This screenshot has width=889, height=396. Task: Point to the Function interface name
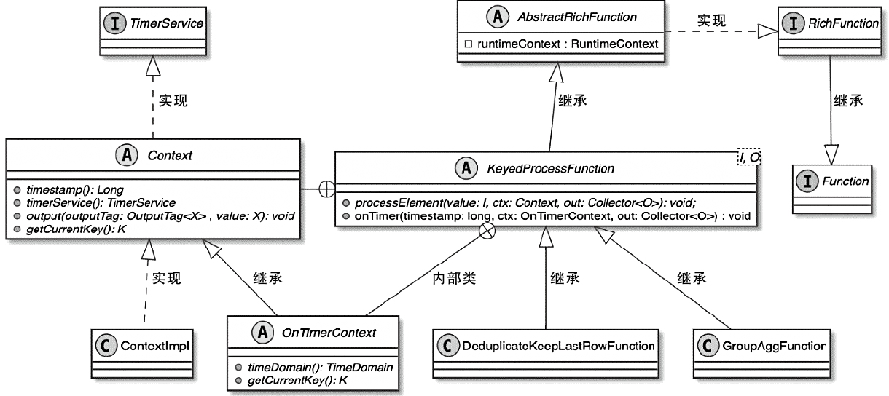(x=845, y=181)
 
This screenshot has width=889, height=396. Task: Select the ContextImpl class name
(x=154, y=346)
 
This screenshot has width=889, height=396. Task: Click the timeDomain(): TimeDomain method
(x=315, y=368)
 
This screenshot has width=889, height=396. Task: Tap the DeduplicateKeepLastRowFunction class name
(x=558, y=345)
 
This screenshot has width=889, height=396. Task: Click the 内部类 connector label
(x=453, y=278)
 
